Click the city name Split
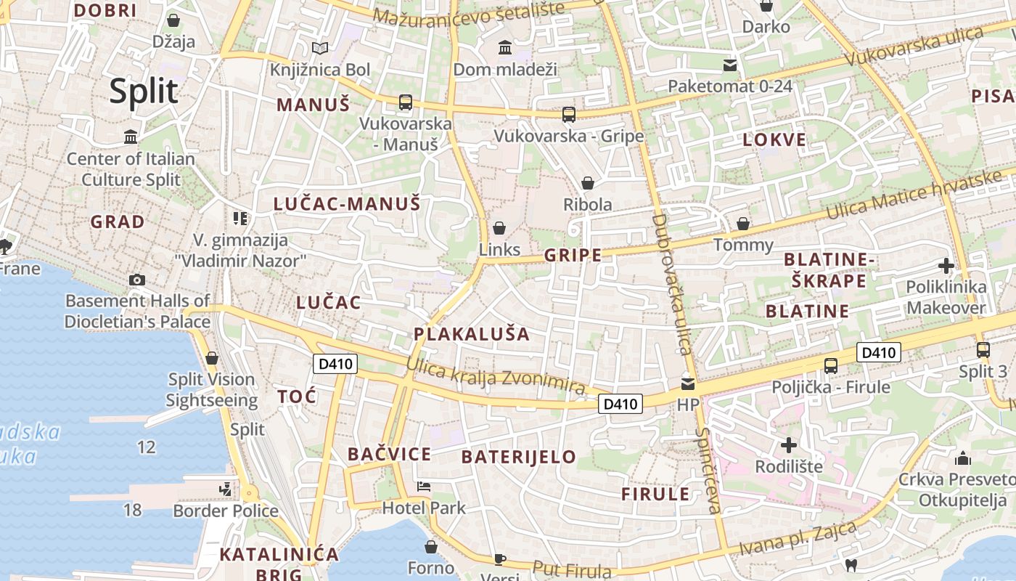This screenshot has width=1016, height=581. click(x=144, y=92)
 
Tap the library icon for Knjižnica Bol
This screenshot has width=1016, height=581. click(x=320, y=49)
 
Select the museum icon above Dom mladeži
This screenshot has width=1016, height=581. click(x=504, y=48)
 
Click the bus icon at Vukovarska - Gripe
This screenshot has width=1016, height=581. click(x=569, y=114)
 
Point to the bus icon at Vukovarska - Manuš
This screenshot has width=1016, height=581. click(x=405, y=102)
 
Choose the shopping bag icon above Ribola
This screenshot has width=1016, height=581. click(x=587, y=183)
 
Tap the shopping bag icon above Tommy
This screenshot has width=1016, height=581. click(x=743, y=224)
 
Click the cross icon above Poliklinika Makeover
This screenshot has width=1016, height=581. click(x=946, y=266)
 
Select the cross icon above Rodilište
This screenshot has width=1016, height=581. click(x=789, y=444)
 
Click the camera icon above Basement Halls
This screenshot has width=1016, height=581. click(x=136, y=280)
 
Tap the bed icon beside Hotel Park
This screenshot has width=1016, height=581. click(x=424, y=486)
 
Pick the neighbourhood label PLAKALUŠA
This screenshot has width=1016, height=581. click(x=472, y=334)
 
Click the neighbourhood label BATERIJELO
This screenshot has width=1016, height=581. click(x=518, y=457)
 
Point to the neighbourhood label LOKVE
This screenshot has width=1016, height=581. click(x=774, y=140)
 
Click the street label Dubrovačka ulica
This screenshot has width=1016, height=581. click(x=671, y=283)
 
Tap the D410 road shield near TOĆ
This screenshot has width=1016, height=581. click(x=335, y=363)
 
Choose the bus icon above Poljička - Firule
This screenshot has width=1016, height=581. click(x=831, y=366)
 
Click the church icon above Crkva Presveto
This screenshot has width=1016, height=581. click(x=963, y=458)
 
